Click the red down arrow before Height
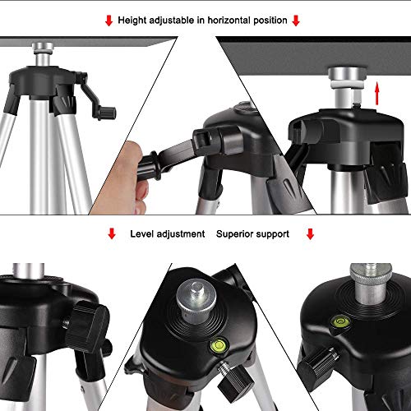[x=107, y=20]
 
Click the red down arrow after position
[x=297, y=20]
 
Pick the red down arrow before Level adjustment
[x=112, y=234]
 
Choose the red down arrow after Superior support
[x=310, y=234]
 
